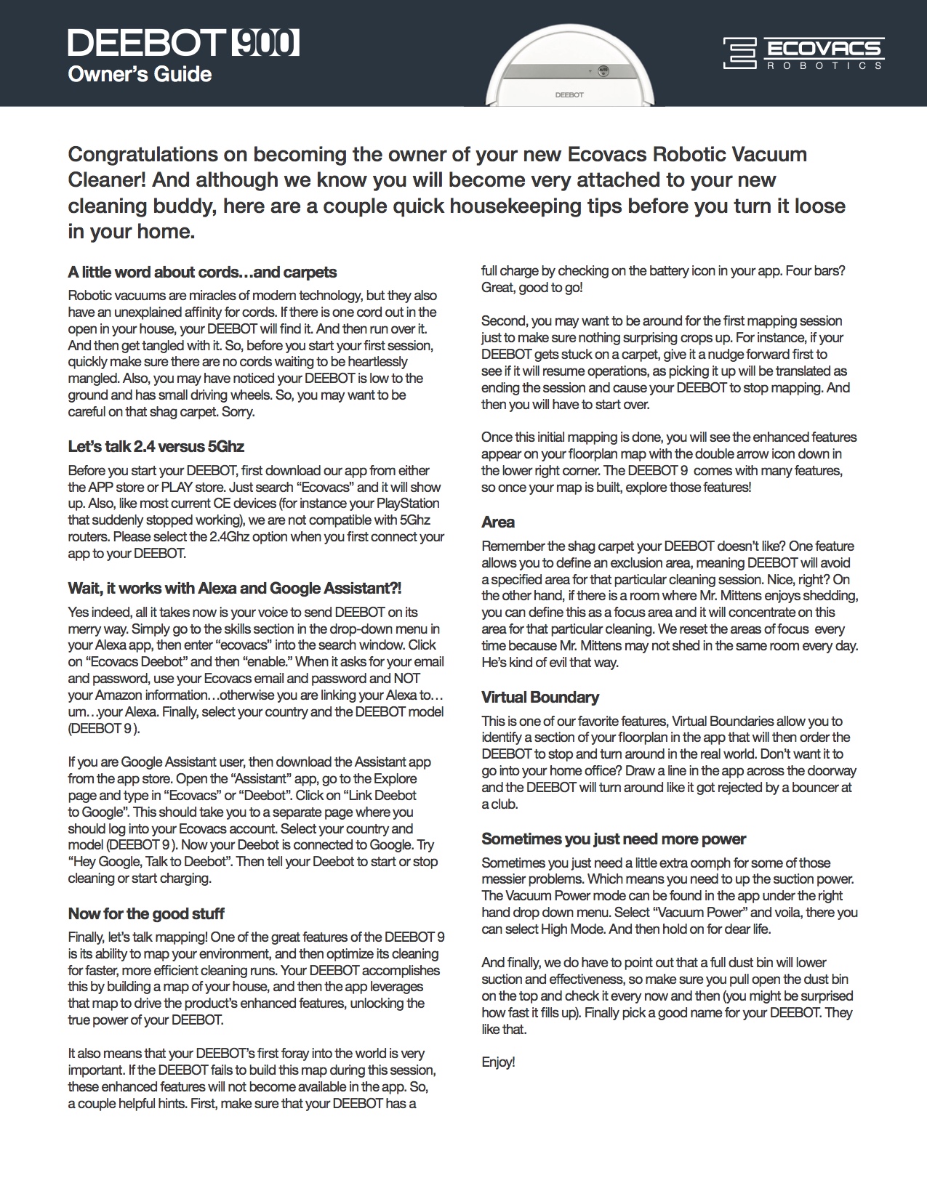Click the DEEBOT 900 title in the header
[183, 44]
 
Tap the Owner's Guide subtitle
[140, 75]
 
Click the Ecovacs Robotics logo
[803, 54]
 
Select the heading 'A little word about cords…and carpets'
[202, 272]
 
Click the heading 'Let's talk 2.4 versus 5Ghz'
[161, 446]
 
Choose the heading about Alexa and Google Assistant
[234, 588]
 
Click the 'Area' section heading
[498, 522]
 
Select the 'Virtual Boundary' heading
[540, 698]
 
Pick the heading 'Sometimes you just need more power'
[614, 839]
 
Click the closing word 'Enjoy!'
[498, 1062]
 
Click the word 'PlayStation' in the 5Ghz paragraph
[404, 504]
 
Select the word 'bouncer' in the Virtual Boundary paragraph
[803, 788]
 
